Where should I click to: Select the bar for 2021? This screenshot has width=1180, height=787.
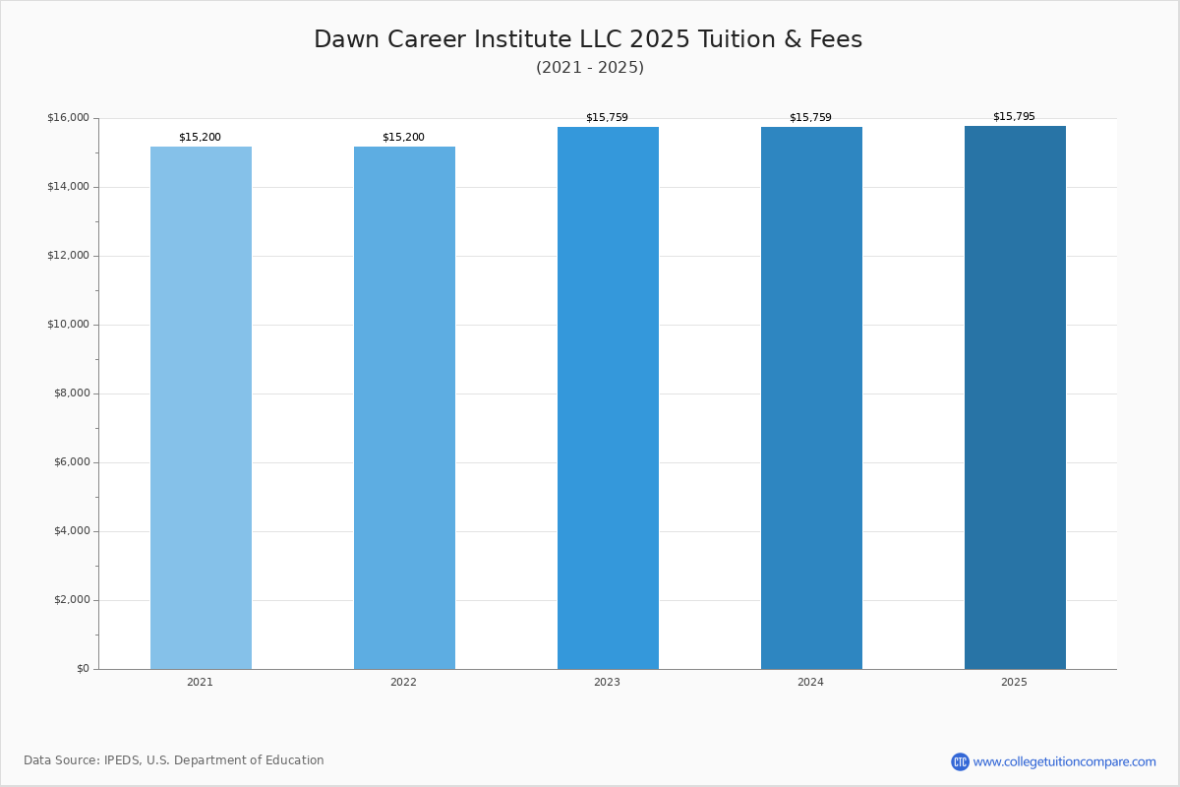point(201,408)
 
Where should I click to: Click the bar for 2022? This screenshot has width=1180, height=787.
point(404,408)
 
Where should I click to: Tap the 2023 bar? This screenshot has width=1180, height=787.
point(608,398)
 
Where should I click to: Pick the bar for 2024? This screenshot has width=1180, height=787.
point(811,398)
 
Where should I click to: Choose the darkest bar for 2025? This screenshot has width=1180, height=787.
point(1015,397)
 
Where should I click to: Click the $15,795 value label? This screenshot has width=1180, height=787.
point(1014,116)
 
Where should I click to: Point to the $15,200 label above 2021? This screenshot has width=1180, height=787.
point(200,137)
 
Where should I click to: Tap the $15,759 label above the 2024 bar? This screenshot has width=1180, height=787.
point(810,117)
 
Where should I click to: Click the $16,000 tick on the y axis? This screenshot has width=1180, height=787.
point(69,117)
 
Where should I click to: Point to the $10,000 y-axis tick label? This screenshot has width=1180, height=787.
point(69,325)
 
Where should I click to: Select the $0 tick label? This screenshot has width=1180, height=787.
point(84,668)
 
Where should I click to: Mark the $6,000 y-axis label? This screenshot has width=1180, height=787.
point(72,461)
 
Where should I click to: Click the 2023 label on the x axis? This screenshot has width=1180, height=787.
point(607,682)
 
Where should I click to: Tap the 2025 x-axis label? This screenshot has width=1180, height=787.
point(1014,682)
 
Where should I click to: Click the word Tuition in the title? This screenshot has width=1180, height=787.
point(737,39)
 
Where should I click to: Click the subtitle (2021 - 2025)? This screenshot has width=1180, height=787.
point(590,68)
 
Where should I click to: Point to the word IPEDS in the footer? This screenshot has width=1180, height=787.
point(122,760)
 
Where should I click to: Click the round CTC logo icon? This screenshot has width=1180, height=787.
point(960,761)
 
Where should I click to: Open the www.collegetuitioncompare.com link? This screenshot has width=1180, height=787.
point(1064,761)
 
